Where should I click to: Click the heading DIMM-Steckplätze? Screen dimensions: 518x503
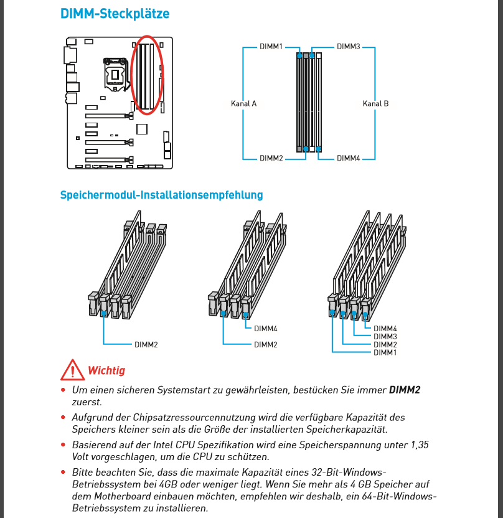(115, 14)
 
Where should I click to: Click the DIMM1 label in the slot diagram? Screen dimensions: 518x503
(271, 46)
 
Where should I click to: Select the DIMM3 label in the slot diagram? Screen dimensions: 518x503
(349, 46)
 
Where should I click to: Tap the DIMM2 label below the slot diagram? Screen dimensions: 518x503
(271, 159)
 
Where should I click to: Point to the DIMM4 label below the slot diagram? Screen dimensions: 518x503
(349, 159)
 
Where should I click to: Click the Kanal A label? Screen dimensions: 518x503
(244, 103)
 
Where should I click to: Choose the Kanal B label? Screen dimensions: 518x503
(375, 103)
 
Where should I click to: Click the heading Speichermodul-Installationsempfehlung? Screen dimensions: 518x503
(161, 195)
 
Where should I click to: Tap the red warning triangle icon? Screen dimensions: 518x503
(72, 370)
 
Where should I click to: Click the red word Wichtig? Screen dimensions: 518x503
(106, 370)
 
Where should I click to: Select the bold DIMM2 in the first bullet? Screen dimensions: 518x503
(405, 390)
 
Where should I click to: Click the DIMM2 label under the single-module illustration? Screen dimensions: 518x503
(146, 344)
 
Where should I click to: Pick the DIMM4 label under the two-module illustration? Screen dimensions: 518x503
(265, 329)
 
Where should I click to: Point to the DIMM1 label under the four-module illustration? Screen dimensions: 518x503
(385, 353)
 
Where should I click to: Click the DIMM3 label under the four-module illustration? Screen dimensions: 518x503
(385, 336)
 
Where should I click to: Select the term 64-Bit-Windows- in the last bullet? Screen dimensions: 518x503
(398, 496)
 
